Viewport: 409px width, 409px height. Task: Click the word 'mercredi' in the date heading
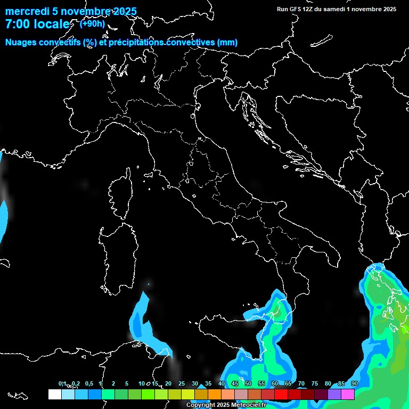tap(26, 12)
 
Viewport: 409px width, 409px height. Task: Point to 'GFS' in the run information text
tap(296, 9)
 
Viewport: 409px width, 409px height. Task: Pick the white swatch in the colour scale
tap(54, 394)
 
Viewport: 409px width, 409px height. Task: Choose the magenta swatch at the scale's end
tap(348, 394)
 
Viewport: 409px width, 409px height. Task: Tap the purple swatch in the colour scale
tap(334, 394)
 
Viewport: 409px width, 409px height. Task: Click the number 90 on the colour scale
tap(355, 383)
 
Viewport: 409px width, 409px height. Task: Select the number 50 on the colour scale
tap(248, 383)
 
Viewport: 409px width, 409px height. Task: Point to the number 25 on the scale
tap(182, 383)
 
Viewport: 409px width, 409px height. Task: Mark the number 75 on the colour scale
tap(315, 383)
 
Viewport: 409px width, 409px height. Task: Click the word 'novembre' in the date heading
tap(85, 12)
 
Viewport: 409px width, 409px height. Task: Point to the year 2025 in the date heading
tap(124, 12)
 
